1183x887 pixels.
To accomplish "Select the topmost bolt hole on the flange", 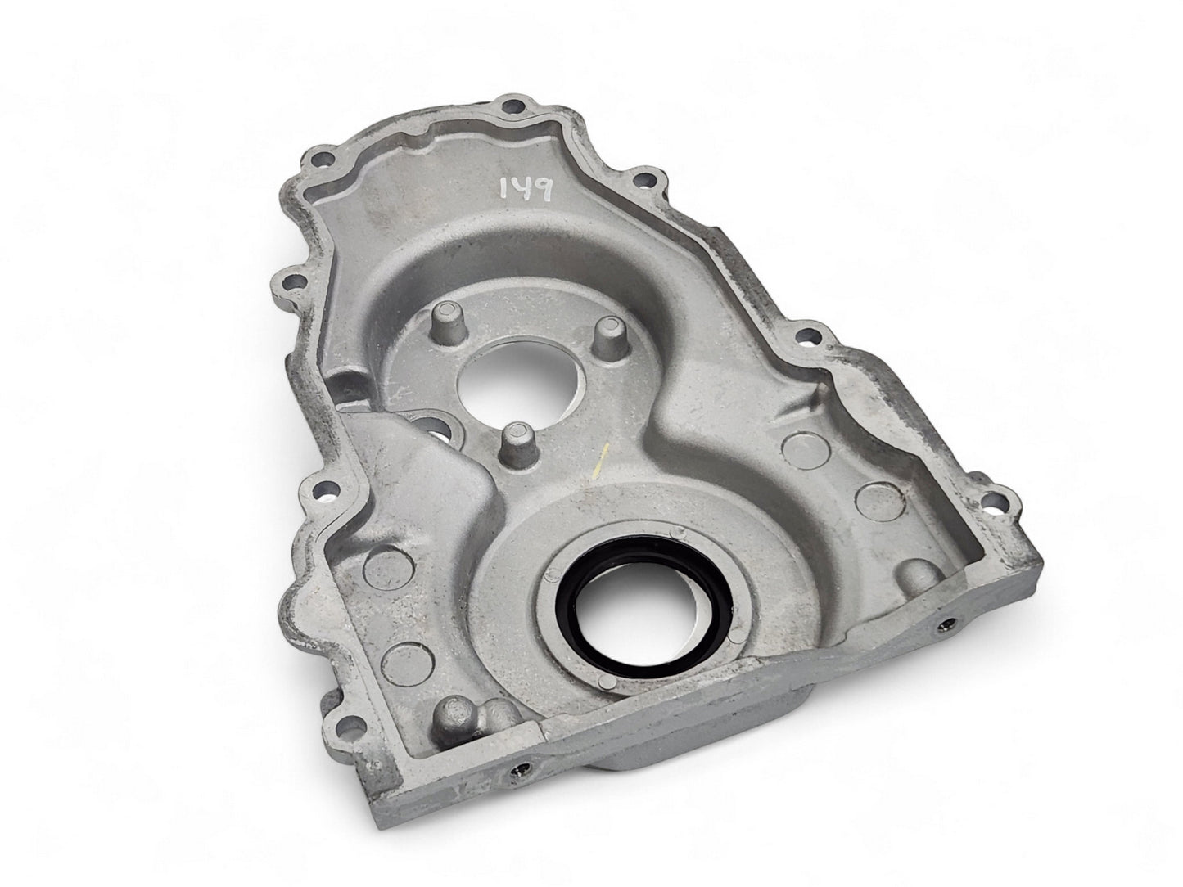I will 513,106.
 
